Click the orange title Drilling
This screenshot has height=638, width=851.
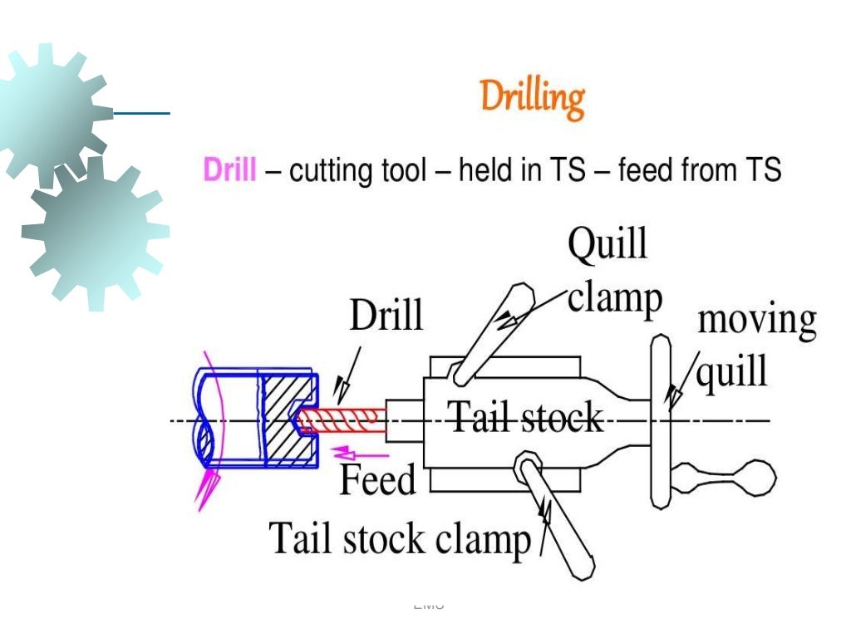point(532,99)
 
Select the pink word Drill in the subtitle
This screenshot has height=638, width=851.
point(229,170)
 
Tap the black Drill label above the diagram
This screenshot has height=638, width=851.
point(386,317)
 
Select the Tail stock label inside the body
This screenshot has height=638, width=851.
point(525,417)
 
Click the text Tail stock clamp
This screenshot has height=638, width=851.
point(399,539)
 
